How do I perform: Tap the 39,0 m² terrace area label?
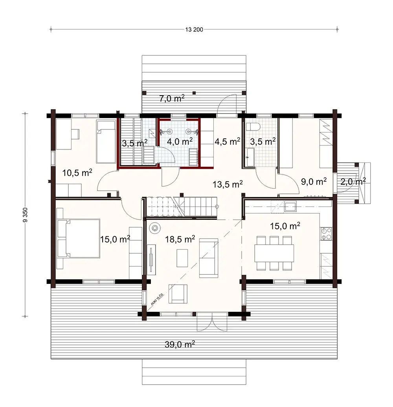180,344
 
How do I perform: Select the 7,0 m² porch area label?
172,99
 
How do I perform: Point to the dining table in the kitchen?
274,253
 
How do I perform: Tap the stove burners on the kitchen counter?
326,234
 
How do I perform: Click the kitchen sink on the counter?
291,206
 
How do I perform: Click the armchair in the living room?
178,294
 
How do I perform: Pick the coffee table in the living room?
182,258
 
